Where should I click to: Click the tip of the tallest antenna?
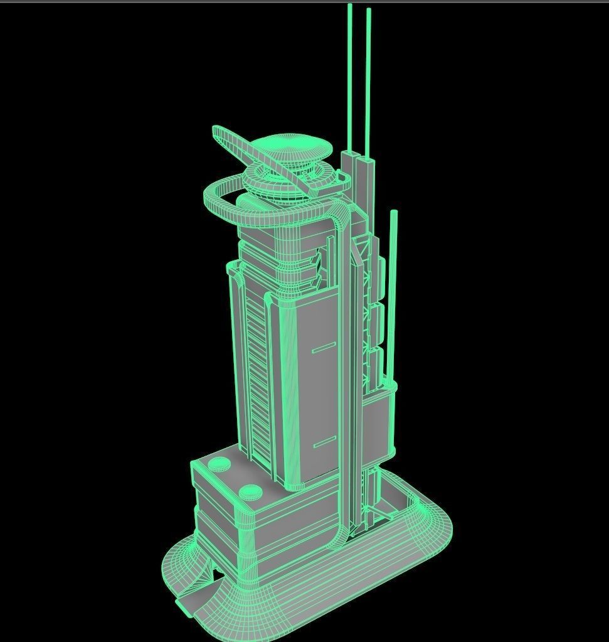pos(350,6)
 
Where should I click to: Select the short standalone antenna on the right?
pos(394,282)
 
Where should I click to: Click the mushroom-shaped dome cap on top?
pos(295,148)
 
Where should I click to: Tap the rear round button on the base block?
pos(220,464)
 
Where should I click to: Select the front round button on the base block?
pos(250,493)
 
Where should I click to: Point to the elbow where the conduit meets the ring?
pos(339,217)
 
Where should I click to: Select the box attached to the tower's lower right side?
pos(378,427)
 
